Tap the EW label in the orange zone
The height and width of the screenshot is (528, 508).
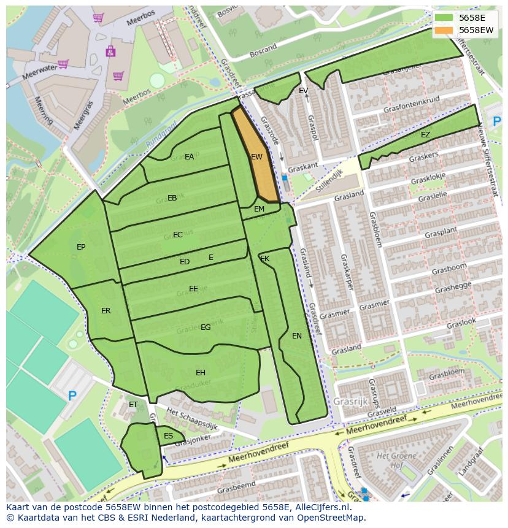pyautogui.click(x=256, y=157)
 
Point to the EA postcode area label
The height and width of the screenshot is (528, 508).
pyautogui.click(x=189, y=157)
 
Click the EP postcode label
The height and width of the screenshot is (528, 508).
pyautogui.click(x=81, y=247)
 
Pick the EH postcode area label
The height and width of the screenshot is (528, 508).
pyautogui.click(x=201, y=373)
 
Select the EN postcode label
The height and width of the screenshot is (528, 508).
pyautogui.click(x=297, y=336)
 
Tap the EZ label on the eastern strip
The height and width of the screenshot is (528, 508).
pyautogui.click(x=425, y=135)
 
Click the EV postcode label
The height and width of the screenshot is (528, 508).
pyautogui.click(x=303, y=91)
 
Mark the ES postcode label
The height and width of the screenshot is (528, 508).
pyautogui.click(x=168, y=436)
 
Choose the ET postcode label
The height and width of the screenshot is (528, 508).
pyautogui.click(x=133, y=405)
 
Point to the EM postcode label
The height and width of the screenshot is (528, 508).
pyautogui.click(x=259, y=209)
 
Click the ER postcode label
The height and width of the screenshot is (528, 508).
pyautogui.click(x=106, y=311)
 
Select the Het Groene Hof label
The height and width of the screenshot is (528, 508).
pyautogui.click(x=391, y=461)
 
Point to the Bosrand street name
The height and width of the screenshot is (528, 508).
pyautogui.click(x=263, y=51)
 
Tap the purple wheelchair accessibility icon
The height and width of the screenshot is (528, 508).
pyautogui.click(x=110, y=51)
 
